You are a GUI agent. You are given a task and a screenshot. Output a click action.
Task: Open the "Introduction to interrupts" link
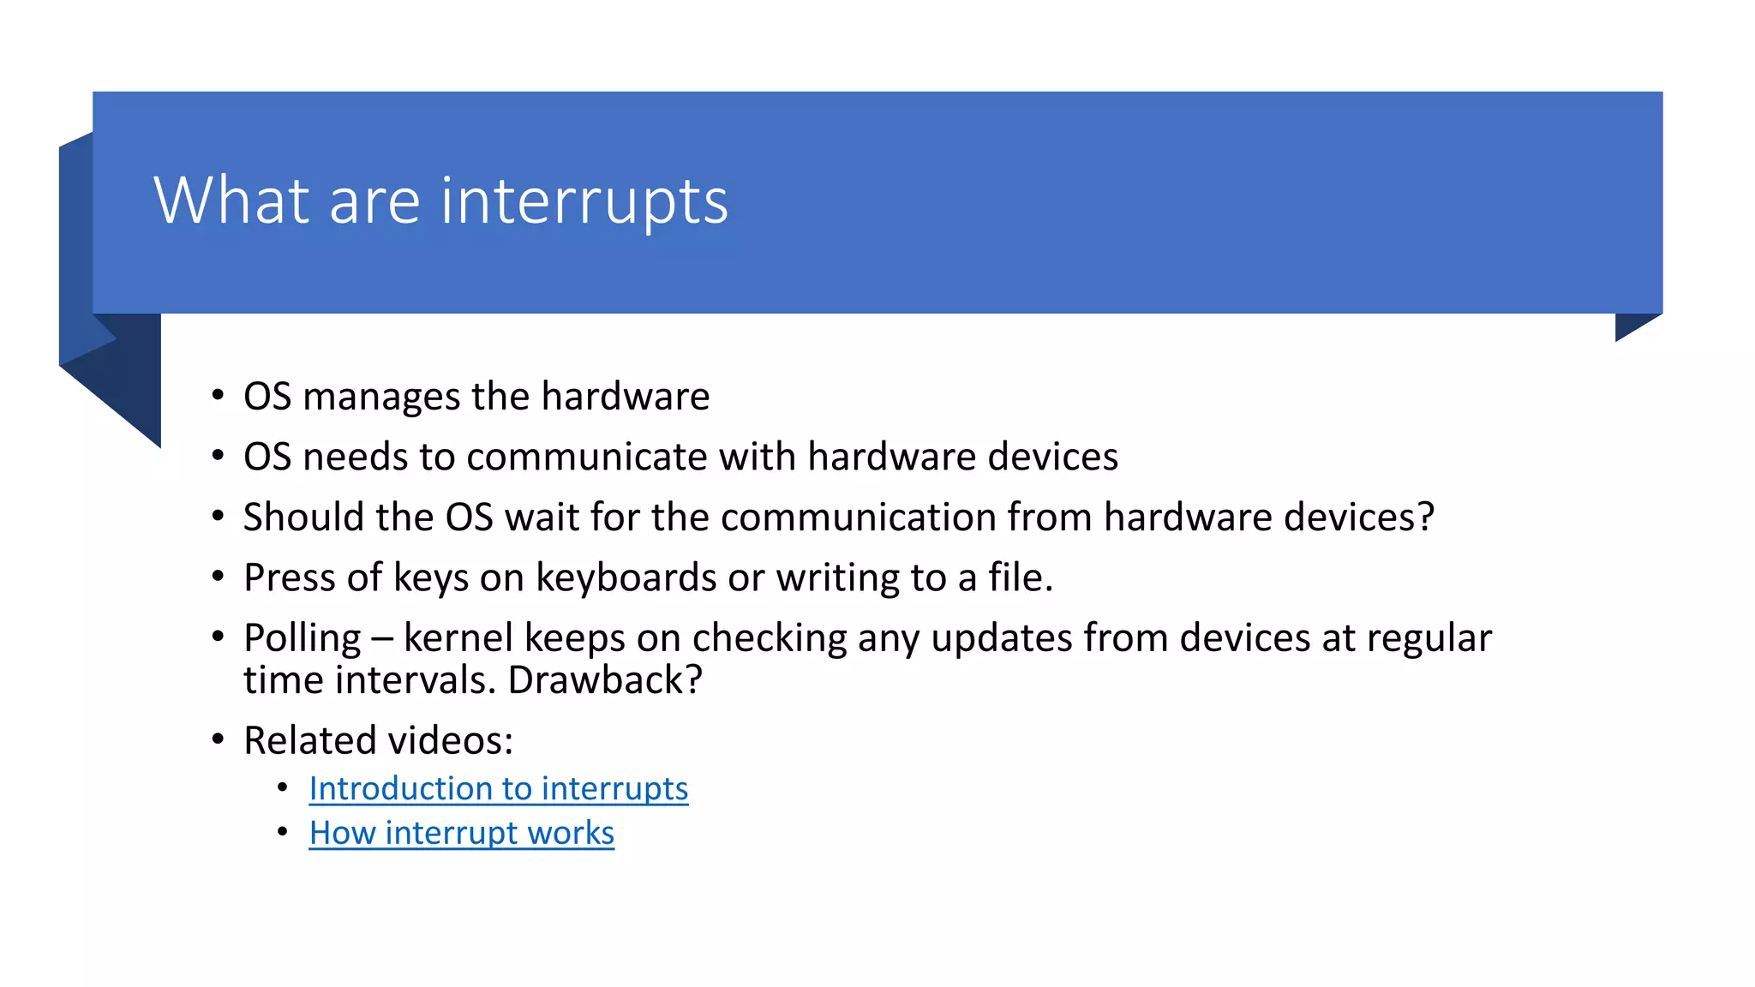pos(498,788)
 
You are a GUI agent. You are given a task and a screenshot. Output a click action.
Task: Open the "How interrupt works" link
pos(461,833)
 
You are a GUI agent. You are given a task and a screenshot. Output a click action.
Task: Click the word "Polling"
pos(302,639)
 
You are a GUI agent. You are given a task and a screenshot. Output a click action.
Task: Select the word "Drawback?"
pos(605,681)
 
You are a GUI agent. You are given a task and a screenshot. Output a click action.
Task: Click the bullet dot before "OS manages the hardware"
pos(218,396)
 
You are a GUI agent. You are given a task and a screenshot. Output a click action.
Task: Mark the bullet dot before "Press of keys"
pos(218,577)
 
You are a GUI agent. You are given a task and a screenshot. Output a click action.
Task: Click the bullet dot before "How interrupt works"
pos(283,831)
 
